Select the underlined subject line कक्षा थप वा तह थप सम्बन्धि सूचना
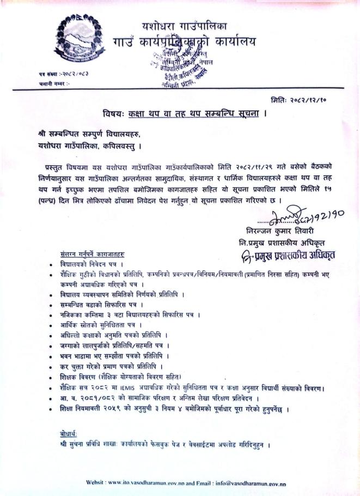193,114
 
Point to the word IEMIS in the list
129,388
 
